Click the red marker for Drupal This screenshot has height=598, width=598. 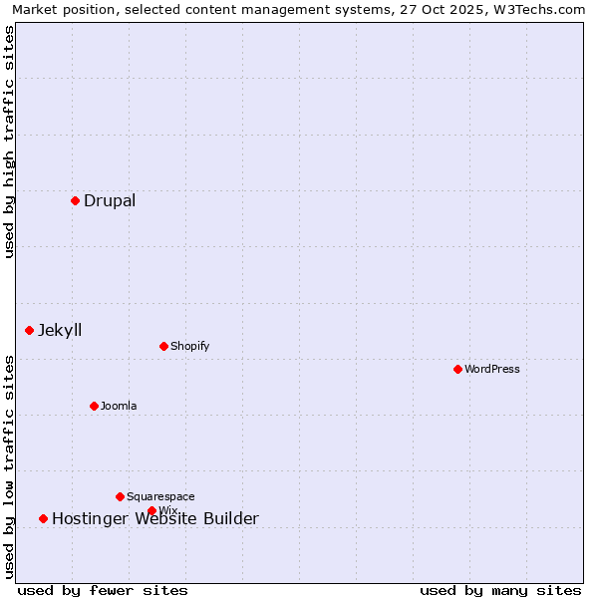75,200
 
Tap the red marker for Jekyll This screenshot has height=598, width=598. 29,330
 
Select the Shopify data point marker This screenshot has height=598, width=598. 163,346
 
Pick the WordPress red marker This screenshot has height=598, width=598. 457,369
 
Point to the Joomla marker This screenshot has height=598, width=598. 94,406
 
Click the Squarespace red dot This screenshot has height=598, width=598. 120,496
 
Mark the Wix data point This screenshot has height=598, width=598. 151,510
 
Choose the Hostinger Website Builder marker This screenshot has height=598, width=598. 43,518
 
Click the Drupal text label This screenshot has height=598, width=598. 110,200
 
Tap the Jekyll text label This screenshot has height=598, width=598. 60,330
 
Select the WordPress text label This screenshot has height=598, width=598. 492,369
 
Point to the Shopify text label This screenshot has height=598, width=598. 189,346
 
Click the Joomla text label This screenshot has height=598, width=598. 119,406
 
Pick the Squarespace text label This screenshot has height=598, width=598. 160,496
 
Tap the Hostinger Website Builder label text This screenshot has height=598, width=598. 155,518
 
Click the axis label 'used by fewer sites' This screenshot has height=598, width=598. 103,590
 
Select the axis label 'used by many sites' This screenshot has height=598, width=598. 500,590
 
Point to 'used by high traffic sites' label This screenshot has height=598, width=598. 9,142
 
